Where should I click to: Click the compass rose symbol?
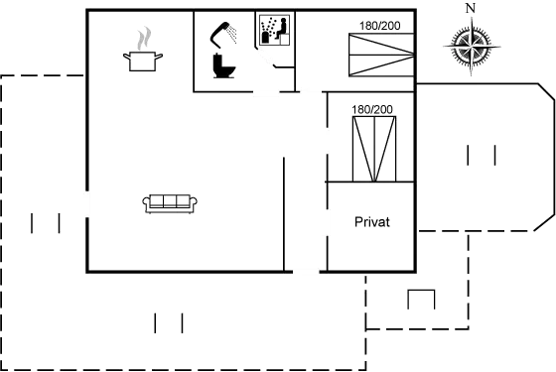(x=469, y=43)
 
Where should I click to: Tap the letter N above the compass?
(x=470, y=9)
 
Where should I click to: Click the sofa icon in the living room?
(x=171, y=202)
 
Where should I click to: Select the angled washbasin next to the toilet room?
(x=269, y=57)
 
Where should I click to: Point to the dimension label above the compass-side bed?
(x=378, y=24)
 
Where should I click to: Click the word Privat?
(x=372, y=222)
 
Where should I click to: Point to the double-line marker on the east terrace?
(x=481, y=155)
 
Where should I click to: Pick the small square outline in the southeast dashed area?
(x=422, y=300)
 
